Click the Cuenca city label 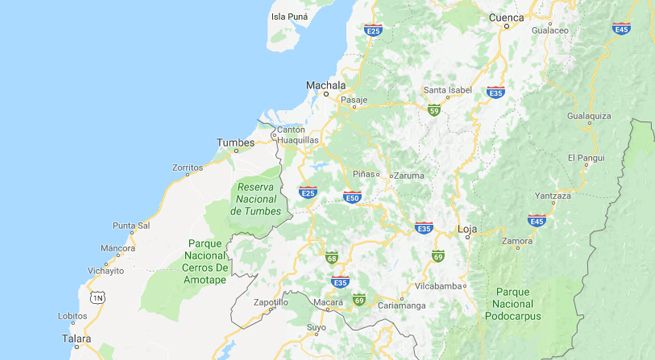507,18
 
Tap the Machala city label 325,85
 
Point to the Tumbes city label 237,143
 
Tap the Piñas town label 364,173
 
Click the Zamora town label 517,241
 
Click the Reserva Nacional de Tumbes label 256,198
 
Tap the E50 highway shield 352,197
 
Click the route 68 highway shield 332,258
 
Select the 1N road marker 97,298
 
